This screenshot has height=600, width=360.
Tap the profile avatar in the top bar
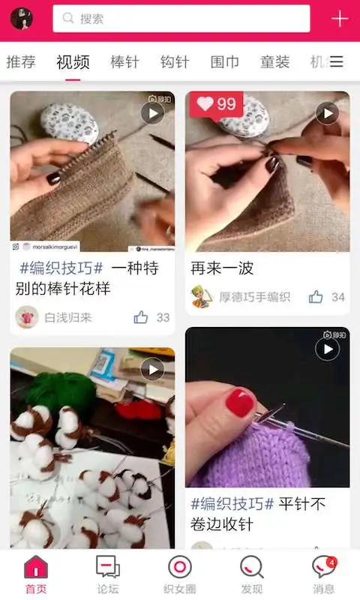[x=21, y=19]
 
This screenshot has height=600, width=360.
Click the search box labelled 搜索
[x=181, y=19]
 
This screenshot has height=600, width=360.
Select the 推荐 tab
[x=21, y=62]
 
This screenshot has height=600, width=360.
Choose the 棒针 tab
[x=124, y=62]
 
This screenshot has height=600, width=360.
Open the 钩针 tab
[x=175, y=62]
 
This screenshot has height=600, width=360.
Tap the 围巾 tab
[x=225, y=62]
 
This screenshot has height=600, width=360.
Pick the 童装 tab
[x=274, y=62]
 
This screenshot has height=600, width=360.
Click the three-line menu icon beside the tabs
[x=337, y=62]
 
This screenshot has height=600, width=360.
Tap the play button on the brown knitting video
[x=152, y=113]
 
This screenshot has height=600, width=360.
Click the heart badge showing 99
[x=216, y=105]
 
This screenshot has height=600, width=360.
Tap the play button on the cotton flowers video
[x=152, y=369]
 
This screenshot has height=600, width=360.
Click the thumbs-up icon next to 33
[x=141, y=317]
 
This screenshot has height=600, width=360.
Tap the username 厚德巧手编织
[x=254, y=297]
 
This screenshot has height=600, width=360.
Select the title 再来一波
[x=222, y=268]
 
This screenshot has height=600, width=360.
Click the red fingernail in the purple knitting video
[x=240, y=403]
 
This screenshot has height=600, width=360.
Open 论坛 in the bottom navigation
[x=107, y=574]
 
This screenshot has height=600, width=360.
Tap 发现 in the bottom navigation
[x=252, y=574]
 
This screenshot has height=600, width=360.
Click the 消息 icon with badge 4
[x=323, y=574]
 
